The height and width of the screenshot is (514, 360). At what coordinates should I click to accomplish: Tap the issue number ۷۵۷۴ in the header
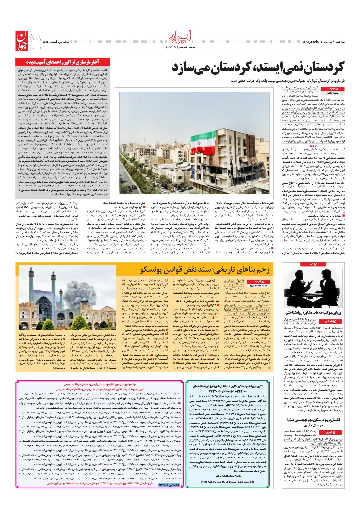pos(45,41)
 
